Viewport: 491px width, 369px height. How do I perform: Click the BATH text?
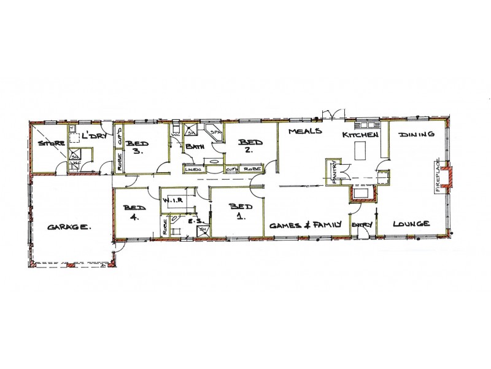click(x=195, y=147)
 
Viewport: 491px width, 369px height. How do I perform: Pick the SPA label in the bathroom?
click(x=215, y=132)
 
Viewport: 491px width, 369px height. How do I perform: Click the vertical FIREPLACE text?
click(x=438, y=177)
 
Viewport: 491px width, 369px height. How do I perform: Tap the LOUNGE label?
click(x=411, y=224)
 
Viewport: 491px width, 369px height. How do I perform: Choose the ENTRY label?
click(x=362, y=226)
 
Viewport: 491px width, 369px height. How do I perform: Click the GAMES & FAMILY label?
click(x=304, y=224)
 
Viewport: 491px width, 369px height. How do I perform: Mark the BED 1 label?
click(x=237, y=211)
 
